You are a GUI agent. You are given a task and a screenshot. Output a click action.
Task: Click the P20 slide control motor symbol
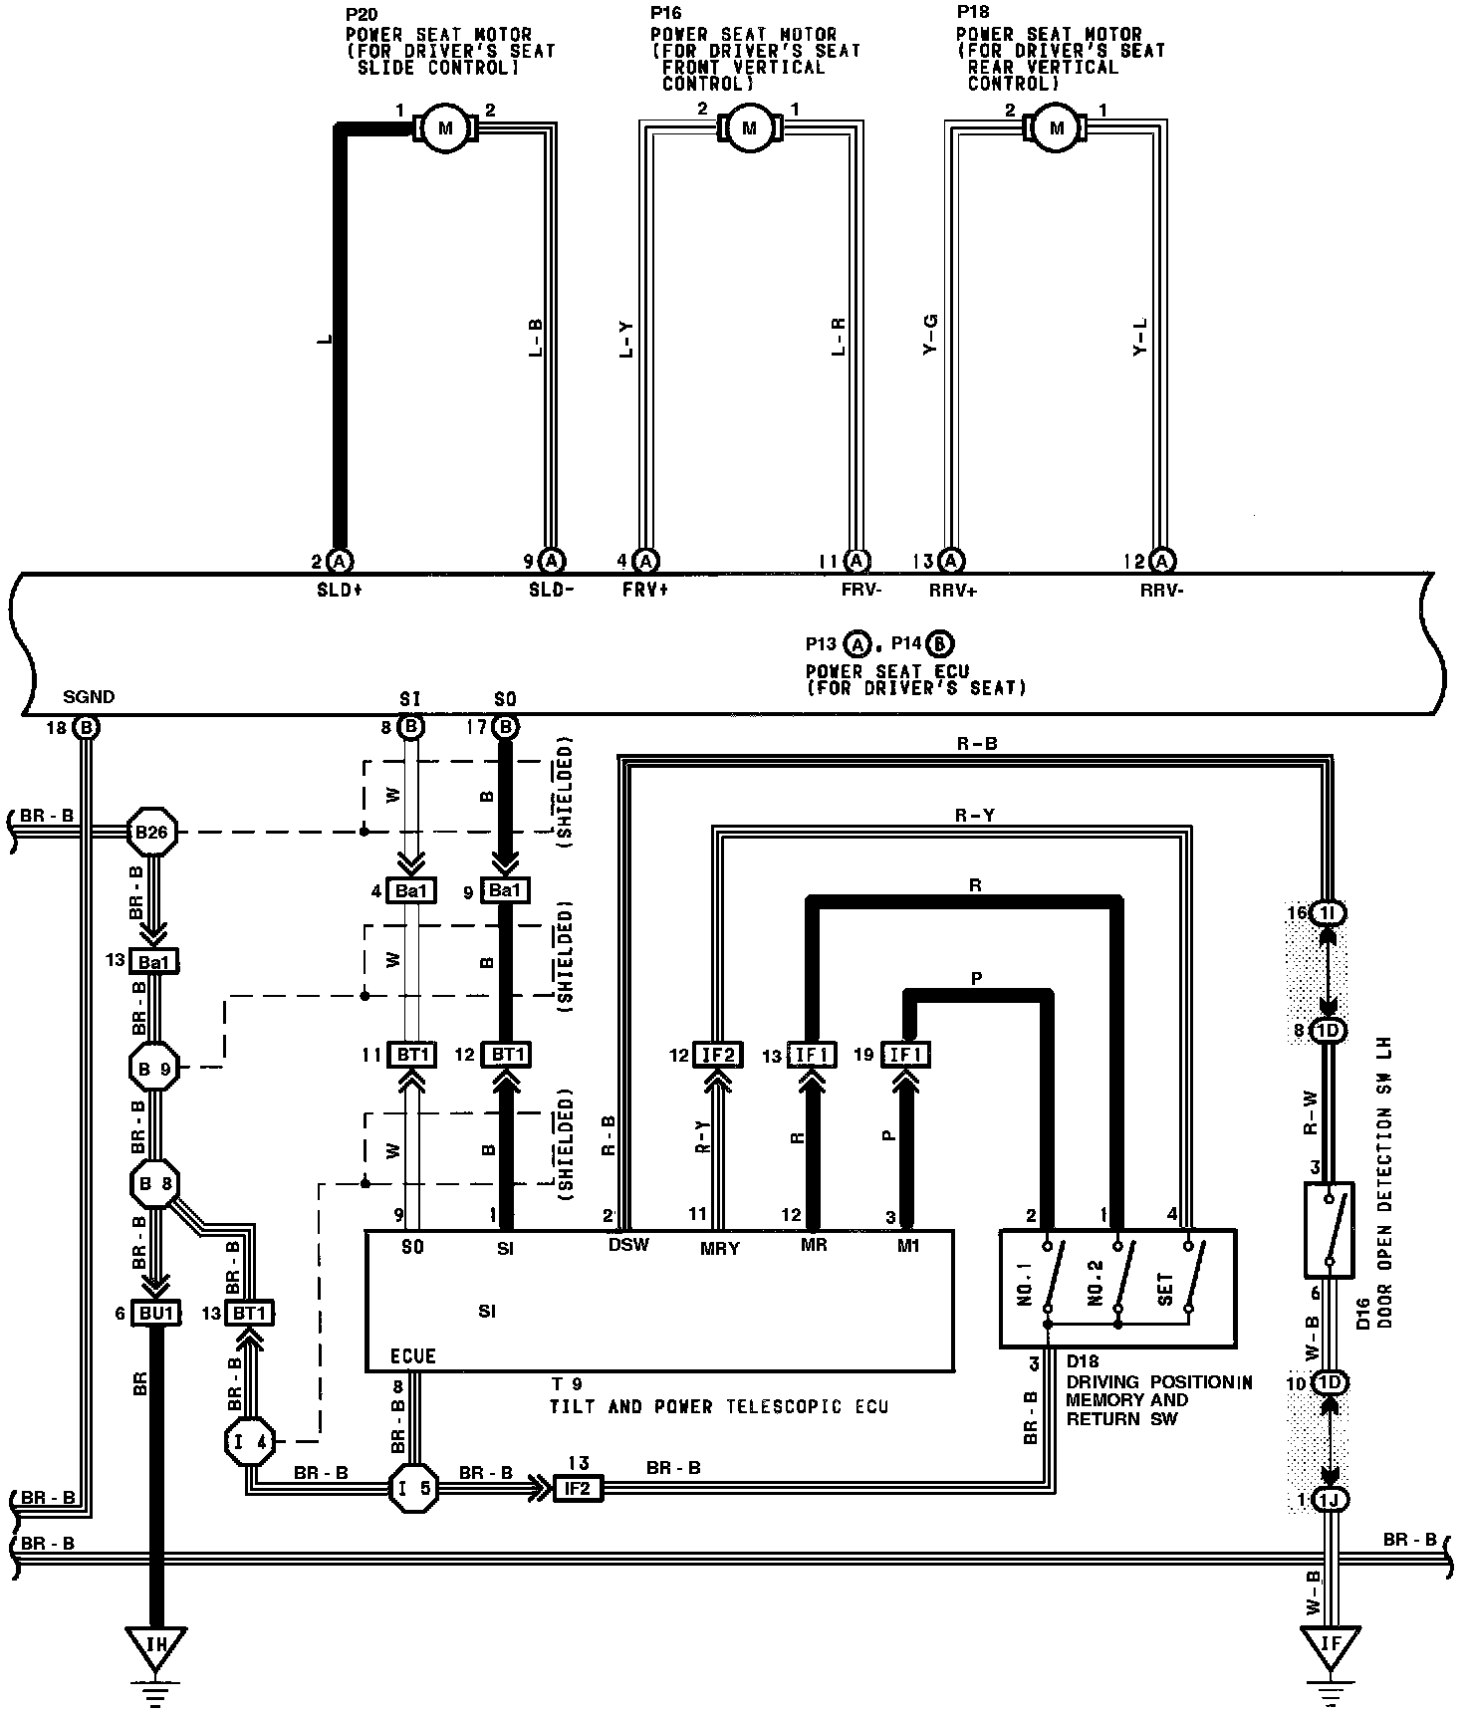point(444,127)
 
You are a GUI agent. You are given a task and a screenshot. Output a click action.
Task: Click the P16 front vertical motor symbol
point(750,127)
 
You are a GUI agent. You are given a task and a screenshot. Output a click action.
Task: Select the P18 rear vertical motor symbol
point(1057,127)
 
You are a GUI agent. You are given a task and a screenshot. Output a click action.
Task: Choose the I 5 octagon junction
point(412,1488)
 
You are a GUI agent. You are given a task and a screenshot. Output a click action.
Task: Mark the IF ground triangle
point(1330,1644)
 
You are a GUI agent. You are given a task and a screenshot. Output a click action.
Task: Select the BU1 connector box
point(156,1314)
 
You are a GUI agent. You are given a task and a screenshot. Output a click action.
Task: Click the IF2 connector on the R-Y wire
point(717,1055)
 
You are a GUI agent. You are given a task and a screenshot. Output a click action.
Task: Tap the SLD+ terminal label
point(340,590)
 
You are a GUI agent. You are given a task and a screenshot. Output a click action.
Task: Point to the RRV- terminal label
point(1161,590)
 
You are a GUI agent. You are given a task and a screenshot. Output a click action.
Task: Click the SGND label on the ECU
point(89,697)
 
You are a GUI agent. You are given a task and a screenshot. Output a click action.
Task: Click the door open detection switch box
point(1329,1229)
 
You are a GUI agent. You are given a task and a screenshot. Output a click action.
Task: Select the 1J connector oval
point(1330,1500)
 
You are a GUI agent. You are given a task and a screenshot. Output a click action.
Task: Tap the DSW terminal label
point(628,1245)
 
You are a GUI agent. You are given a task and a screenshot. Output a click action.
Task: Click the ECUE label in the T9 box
point(413,1356)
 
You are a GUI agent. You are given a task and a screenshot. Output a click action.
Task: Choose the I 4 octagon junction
point(248,1440)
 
